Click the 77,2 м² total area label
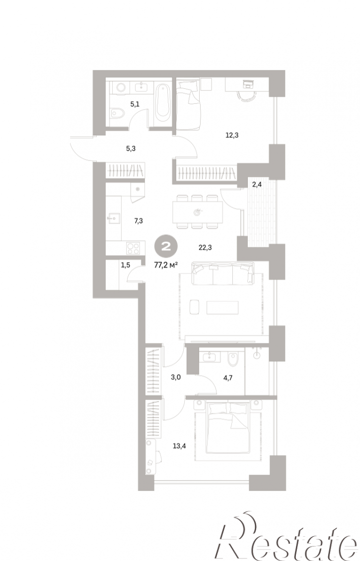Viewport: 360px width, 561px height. (x=166, y=265)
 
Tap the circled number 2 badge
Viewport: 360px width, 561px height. (x=166, y=247)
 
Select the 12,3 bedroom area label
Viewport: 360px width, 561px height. (x=232, y=135)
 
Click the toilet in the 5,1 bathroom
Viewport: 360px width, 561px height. (x=117, y=114)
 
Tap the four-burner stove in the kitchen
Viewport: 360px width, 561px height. (x=133, y=248)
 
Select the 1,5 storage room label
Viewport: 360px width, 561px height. (x=126, y=265)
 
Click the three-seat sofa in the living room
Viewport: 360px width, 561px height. (x=222, y=274)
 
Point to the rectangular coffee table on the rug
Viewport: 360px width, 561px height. (x=222, y=307)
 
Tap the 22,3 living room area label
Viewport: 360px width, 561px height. (x=205, y=247)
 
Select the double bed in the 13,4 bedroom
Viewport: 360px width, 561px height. (x=227, y=427)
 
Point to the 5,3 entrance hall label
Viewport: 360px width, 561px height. (x=131, y=148)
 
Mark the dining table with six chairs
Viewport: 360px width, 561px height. (x=197, y=212)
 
